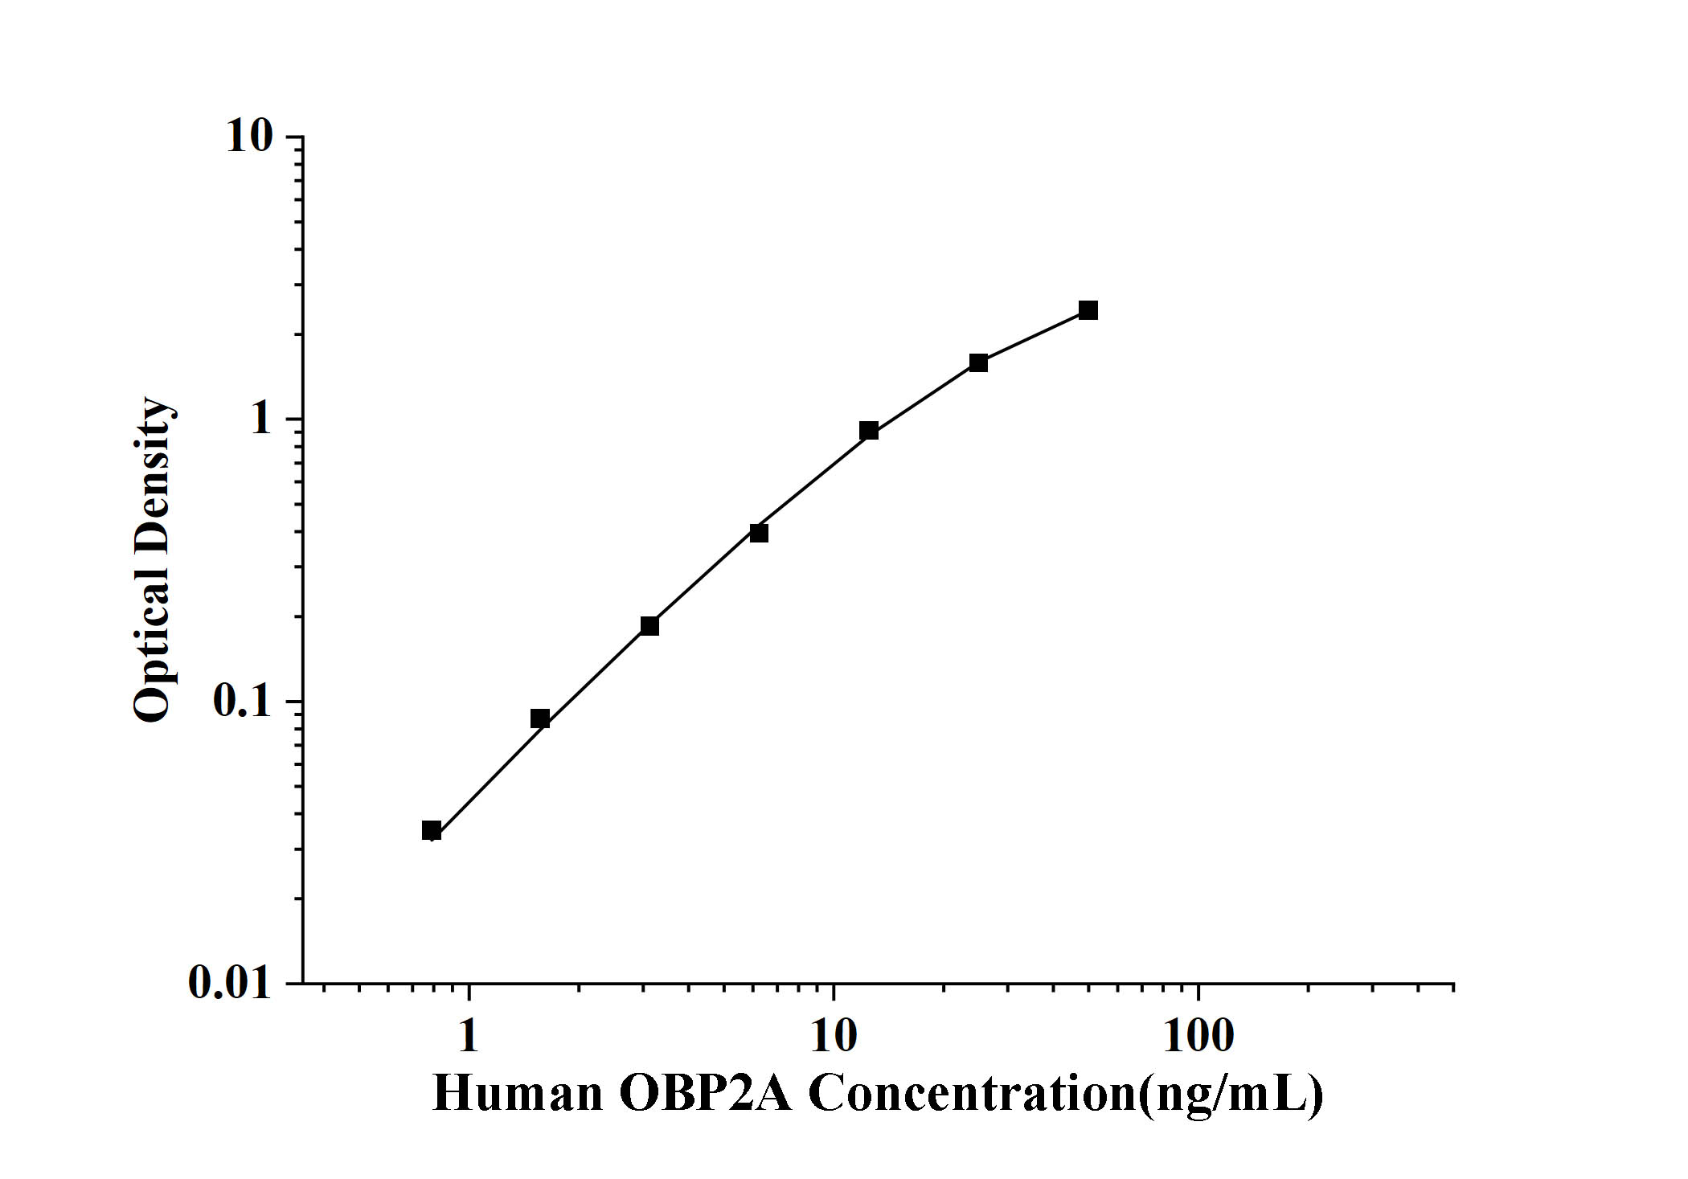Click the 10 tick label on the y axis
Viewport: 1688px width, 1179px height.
[x=249, y=137]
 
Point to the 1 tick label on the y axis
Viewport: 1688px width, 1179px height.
[x=261, y=419]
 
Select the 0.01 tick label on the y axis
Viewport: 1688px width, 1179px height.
[x=231, y=982]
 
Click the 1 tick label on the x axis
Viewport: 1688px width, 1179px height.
[x=468, y=1037]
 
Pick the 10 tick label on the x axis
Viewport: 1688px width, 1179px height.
[x=834, y=1037]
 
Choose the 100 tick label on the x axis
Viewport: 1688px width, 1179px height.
[x=1198, y=1037]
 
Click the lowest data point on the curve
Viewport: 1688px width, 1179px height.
[x=432, y=830]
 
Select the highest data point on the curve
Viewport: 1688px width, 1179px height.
[x=1088, y=310]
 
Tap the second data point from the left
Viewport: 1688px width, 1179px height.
[x=540, y=718]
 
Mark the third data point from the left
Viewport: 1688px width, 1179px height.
[x=649, y=625]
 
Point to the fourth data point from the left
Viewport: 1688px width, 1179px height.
[x=759, y=533]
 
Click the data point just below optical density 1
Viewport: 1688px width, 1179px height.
[x=869, y=431]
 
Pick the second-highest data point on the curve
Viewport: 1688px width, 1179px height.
[x=978, y=362]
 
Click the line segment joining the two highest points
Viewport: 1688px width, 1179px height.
[x=1034, y=336]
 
